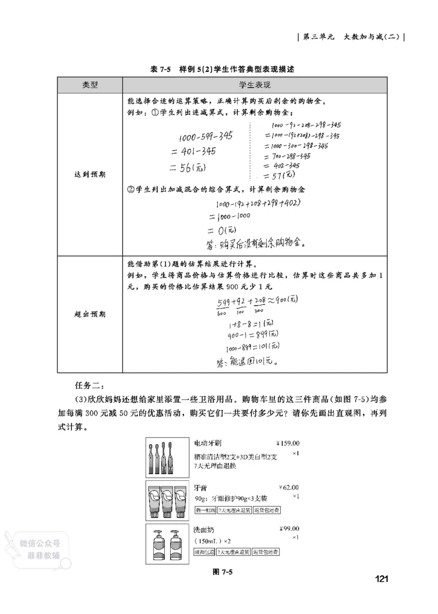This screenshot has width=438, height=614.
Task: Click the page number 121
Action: (382, 579)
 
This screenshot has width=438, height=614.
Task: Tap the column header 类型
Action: (90, 86)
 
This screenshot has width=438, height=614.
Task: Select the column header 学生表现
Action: (255, 86)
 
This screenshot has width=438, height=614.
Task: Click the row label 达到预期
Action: (90, 174)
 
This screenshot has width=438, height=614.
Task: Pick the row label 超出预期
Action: (90, 314)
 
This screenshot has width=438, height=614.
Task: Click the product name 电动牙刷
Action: (208, 443)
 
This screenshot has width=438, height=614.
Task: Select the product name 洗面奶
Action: (204, 530)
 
